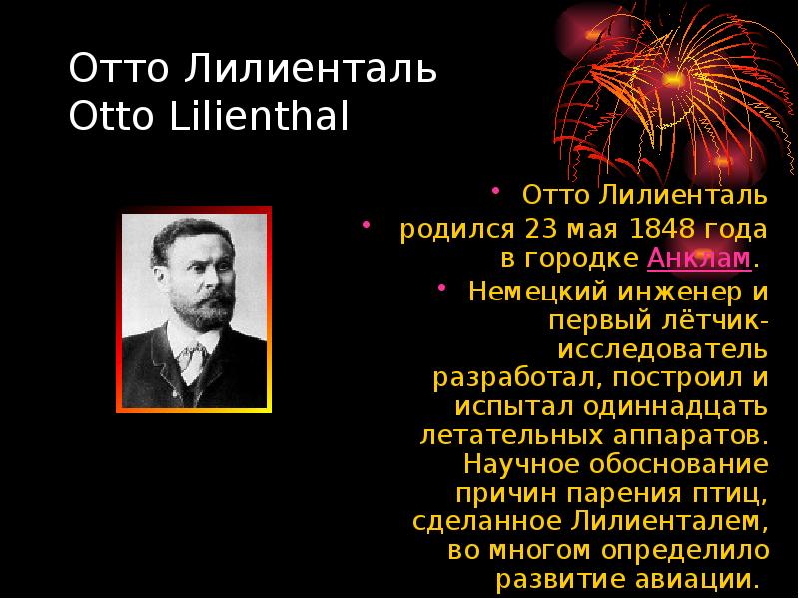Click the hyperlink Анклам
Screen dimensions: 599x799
point(699,260)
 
